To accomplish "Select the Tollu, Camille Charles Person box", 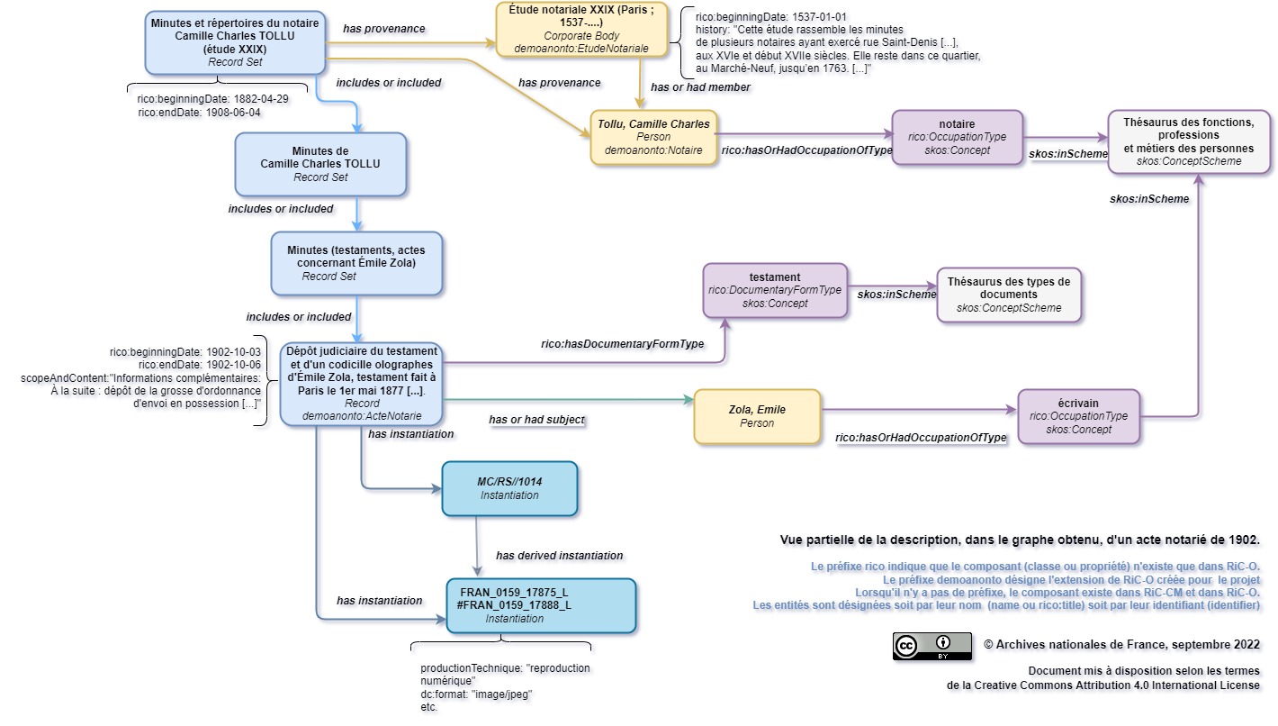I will point(653,137).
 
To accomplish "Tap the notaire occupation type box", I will point(957,137).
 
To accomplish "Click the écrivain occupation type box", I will point(1078,416).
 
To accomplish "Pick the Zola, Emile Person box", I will point(756,416).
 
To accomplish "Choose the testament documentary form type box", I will point(774,290).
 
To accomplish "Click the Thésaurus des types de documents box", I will point(1008,295).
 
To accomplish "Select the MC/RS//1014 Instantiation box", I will point(509,488).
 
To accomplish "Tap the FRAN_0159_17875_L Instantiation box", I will point(541,605).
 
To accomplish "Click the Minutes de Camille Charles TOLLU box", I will point(320,164).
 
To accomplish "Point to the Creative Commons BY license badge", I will point(931,646).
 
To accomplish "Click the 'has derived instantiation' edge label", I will point(559,555).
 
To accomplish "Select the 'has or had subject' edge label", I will point(536,420).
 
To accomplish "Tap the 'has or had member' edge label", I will point(700,87).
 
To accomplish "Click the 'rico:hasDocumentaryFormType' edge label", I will point(622,344).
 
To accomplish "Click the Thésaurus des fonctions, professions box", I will point(1188,141).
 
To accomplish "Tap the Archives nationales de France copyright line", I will point(1121,644).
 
